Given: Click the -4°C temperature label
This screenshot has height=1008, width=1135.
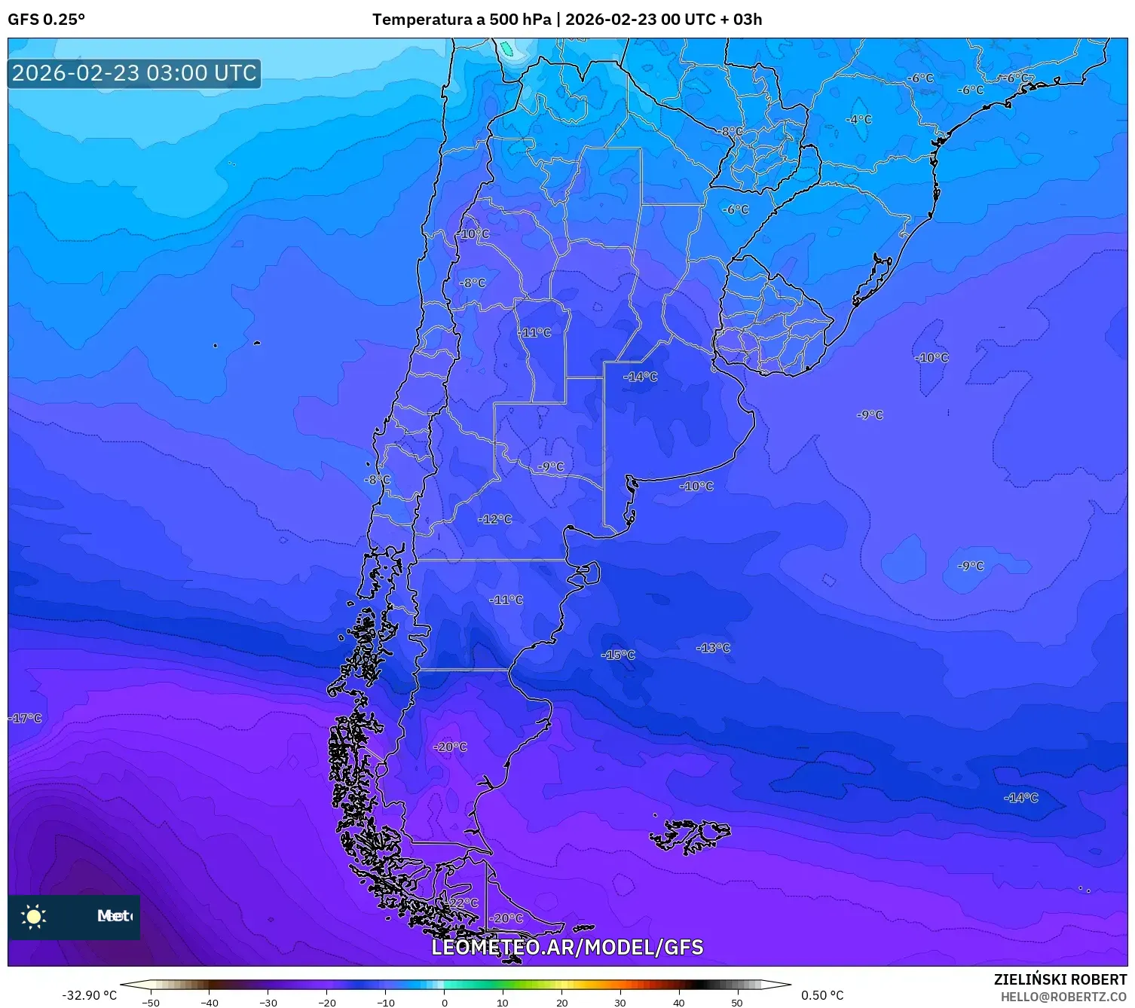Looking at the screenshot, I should point(858,120).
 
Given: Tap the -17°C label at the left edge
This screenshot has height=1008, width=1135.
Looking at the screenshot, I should point(26,718).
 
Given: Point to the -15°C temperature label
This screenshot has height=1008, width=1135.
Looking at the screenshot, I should point(618,655).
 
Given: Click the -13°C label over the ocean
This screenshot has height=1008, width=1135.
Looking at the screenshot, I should point(713,648).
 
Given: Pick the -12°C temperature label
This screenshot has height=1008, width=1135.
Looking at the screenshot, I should point(494,519).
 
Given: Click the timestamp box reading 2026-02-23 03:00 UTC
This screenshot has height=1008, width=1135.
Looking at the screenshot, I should point(134,73).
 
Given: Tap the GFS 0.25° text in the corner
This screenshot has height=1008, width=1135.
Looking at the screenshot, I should point(47,20).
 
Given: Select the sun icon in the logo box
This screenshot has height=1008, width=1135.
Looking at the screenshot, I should point(34,916).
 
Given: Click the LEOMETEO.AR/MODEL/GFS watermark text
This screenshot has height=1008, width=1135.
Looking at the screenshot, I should point(567,948).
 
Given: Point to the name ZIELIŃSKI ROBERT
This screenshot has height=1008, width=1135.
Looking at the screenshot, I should point(1060,979).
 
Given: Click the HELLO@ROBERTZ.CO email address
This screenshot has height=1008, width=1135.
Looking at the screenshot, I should point(1063,997).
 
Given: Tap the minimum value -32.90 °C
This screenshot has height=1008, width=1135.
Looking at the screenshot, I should point(89,995).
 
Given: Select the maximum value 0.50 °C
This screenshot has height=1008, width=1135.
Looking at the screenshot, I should point(822,995).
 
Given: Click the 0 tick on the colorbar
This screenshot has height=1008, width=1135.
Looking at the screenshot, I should point(445,1002).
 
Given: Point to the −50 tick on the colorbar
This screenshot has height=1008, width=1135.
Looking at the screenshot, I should point(151,1002).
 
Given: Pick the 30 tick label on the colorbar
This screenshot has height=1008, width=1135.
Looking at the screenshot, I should point(620,1002).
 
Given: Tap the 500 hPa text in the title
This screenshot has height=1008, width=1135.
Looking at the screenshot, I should point(520,20).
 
